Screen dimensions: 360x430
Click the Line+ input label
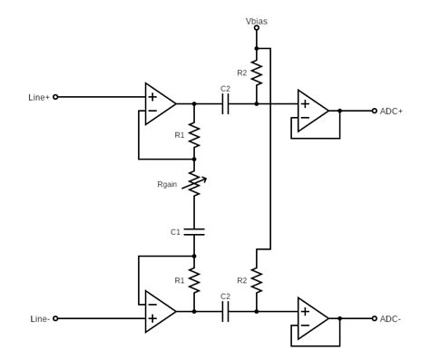coord(39,97)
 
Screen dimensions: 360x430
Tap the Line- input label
coord(39,318)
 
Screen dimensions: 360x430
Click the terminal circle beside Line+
coord(55,97)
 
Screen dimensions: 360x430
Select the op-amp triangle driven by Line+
coord(159,103)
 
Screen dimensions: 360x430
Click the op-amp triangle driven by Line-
coord(159,311)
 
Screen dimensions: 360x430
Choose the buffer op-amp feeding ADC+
coord(312,111)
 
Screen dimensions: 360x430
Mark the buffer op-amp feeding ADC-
coord(312,318)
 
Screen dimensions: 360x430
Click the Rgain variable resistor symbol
coord(193,184)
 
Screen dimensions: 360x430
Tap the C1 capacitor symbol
coord(193,231)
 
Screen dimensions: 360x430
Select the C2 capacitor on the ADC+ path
coord(226,104)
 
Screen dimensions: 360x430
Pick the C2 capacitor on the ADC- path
coord(226,311)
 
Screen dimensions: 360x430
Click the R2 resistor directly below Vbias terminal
coord(257,72)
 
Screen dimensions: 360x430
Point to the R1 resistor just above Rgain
coord(193,135)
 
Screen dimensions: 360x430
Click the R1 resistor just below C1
coord(193,279)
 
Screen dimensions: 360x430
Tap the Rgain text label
coord(167,184)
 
